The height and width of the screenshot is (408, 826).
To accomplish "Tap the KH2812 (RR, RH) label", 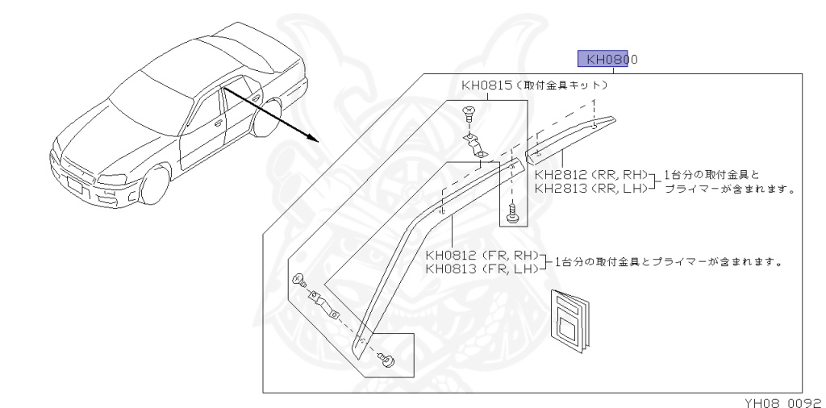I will click(591, 174).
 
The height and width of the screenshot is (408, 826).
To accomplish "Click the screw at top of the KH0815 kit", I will click(469, 114).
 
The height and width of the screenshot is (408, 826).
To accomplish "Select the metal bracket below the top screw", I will click(477, 146).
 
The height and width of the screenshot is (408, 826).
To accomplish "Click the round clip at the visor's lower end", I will click(386, 360).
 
